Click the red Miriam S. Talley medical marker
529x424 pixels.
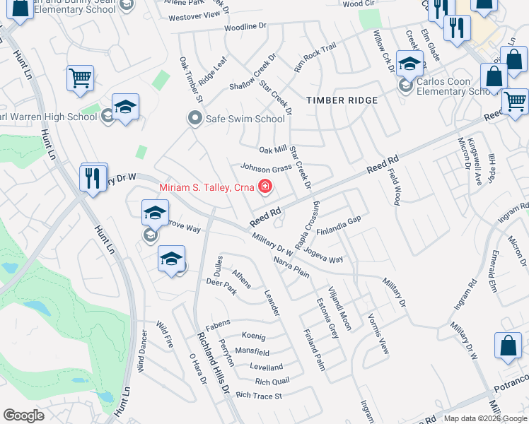point(265,187)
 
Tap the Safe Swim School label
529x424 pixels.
point(245,119)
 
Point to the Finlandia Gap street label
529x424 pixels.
point(339,231)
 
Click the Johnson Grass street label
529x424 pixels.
point(267,168)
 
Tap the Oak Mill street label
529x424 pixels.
point(273,150)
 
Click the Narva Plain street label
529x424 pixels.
point(291,268)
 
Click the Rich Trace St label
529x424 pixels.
point(259,396)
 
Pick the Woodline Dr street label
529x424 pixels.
point(245,27)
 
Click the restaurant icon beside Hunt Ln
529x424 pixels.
point(93,178)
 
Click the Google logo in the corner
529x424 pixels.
point(23,416)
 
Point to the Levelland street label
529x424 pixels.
point(266,367)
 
